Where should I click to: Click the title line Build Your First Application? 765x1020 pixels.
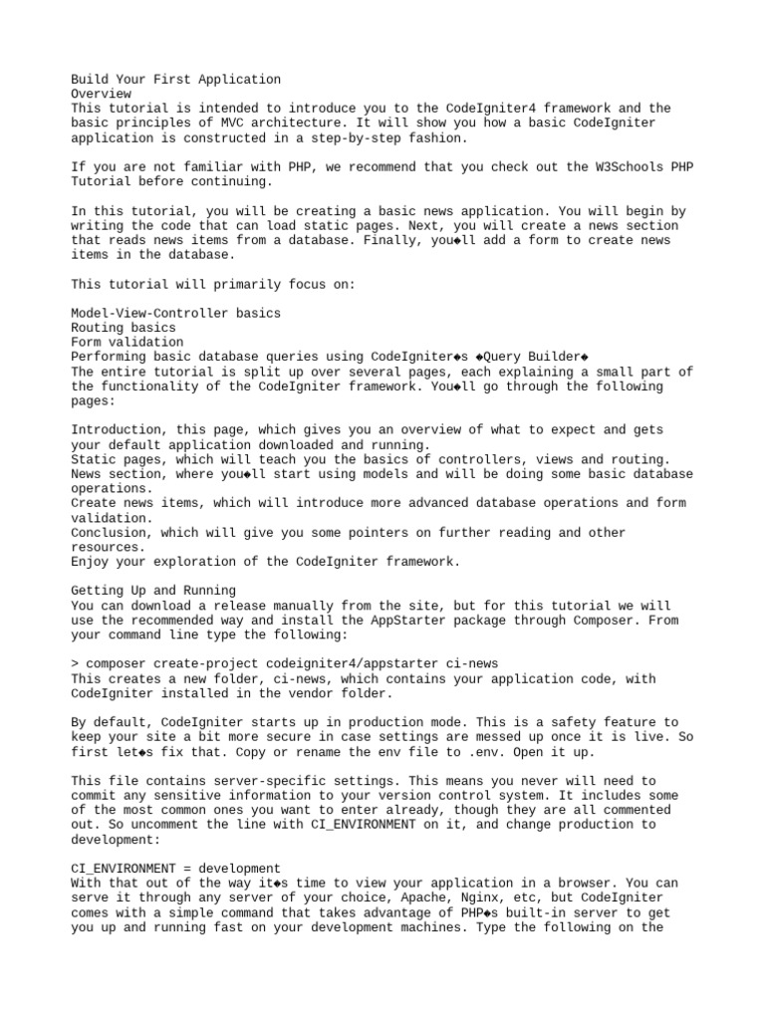(175, 79)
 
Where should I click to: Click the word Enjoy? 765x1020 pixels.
(90, 561)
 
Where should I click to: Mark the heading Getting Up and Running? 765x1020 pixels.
(153, 591)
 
